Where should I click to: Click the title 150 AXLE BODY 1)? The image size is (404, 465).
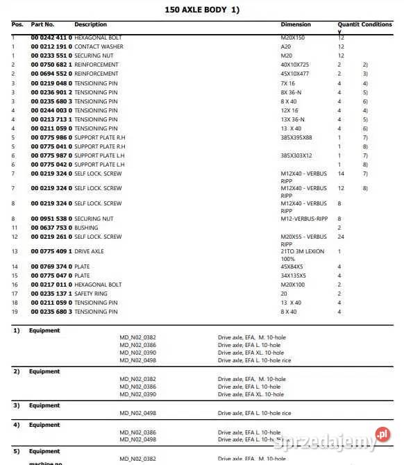tap(201, 10)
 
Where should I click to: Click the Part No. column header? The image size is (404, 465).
tap(42, 24)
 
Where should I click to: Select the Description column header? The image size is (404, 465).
tap(90, 24)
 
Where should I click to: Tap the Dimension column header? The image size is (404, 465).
tap(296, 24)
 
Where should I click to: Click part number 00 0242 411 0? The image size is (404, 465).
tap(51, 37)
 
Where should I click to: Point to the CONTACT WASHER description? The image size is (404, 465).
tap(99, 46)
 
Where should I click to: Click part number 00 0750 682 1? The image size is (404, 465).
tap(51, 65)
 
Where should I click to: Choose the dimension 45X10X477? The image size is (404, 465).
tap(295, 74)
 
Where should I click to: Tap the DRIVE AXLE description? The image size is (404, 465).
tap(90, 251)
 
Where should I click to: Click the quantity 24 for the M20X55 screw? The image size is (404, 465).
tap(340, 237)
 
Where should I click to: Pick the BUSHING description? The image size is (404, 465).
tap(86, 228)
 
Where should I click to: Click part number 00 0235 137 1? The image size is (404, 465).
tap(51, 294)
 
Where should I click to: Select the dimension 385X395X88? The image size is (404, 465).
tap(296, 137)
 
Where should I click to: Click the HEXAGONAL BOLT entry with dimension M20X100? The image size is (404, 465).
tap(98, 285)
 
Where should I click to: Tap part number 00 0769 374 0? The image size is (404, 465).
tap(51, 267)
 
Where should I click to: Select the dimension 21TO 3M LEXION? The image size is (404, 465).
tap(302, 251)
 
